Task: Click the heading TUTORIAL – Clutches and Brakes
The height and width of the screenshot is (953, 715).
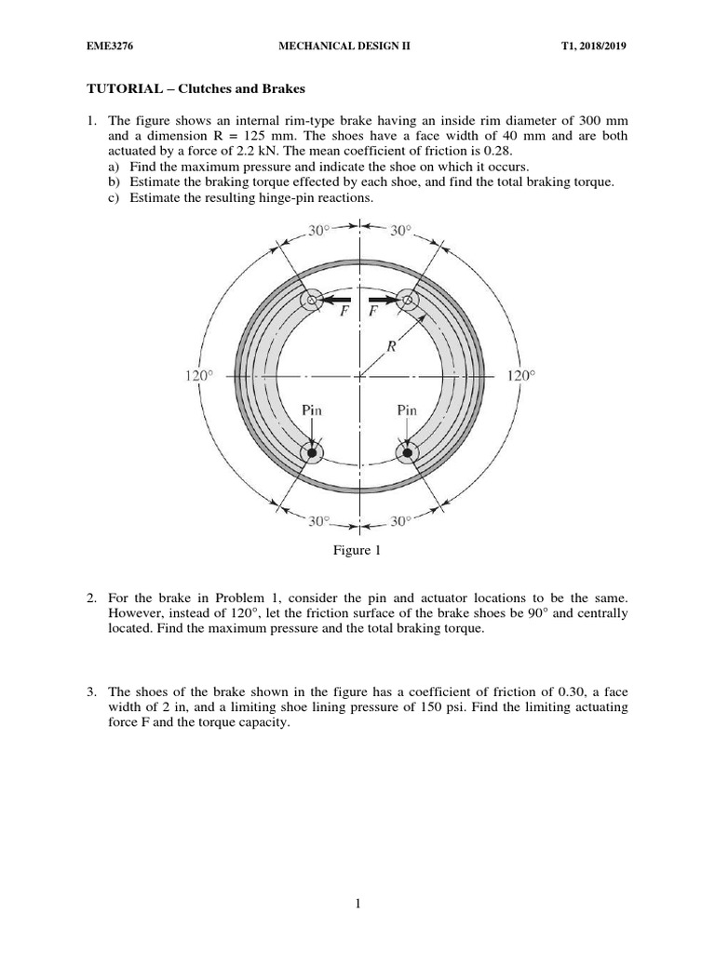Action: [197, 89]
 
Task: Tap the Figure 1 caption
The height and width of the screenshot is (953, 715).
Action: [357, 551]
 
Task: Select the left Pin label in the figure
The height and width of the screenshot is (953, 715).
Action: [312, 409]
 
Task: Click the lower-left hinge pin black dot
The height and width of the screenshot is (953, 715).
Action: [313, 453]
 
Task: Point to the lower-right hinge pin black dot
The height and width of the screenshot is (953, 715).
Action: [407, 453]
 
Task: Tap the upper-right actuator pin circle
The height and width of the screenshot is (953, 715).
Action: [406, 300]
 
